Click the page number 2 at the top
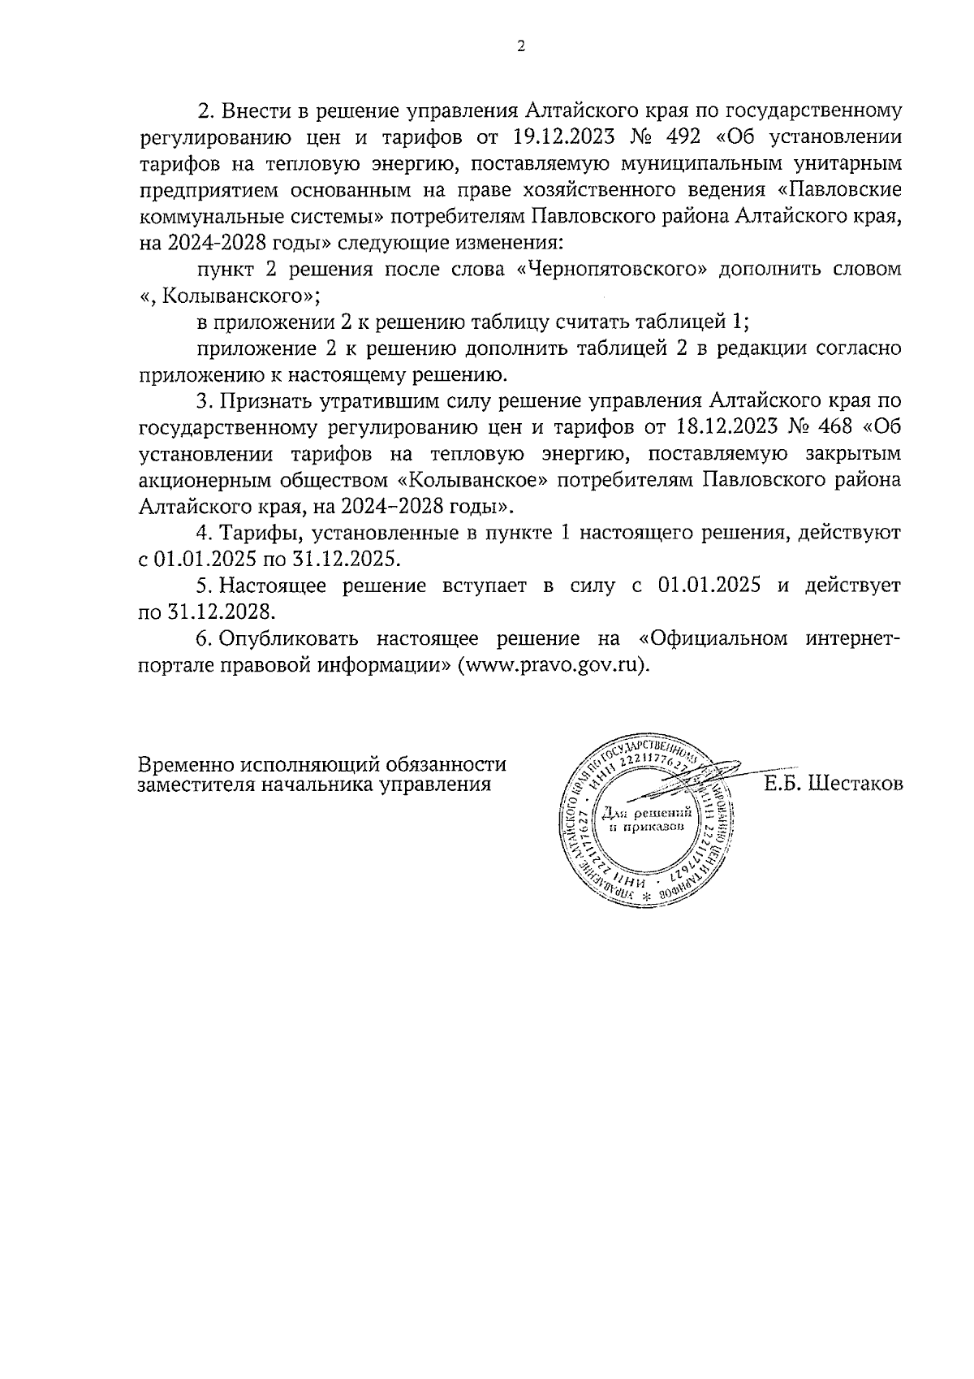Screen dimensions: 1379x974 pyautogui.click(x=520, y=46)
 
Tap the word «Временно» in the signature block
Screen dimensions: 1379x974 pyautogui.click(x=184, y=765)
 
